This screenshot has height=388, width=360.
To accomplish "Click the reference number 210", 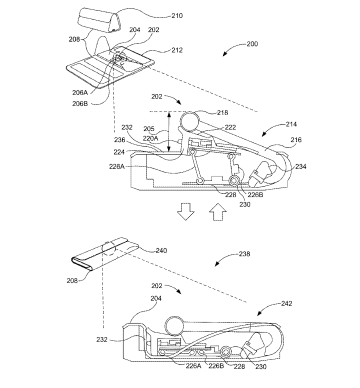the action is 177,15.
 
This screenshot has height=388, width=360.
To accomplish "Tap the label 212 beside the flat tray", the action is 177,50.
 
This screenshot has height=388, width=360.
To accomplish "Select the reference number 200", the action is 252,44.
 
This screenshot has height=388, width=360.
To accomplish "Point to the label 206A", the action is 80,92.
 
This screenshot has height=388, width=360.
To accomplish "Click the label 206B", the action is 80,103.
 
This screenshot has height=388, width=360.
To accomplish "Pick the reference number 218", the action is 222,113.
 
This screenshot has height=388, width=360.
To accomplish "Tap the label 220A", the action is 151,138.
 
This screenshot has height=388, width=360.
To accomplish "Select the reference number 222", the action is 230,127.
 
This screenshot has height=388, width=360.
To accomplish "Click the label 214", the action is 291,124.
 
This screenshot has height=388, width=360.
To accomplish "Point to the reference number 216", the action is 296,139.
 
